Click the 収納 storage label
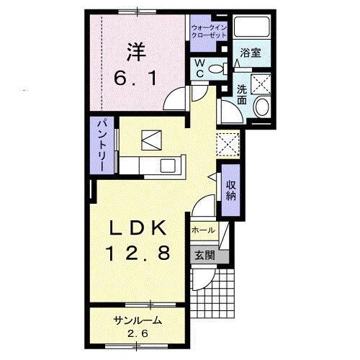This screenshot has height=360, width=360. (x=231, y=189)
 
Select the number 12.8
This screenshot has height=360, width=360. (x=137, y=253)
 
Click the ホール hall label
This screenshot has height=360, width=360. (x=203, y=230)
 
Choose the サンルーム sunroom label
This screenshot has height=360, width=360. (x=136, y=320)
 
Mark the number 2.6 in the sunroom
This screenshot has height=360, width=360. (x=136, y=333)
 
